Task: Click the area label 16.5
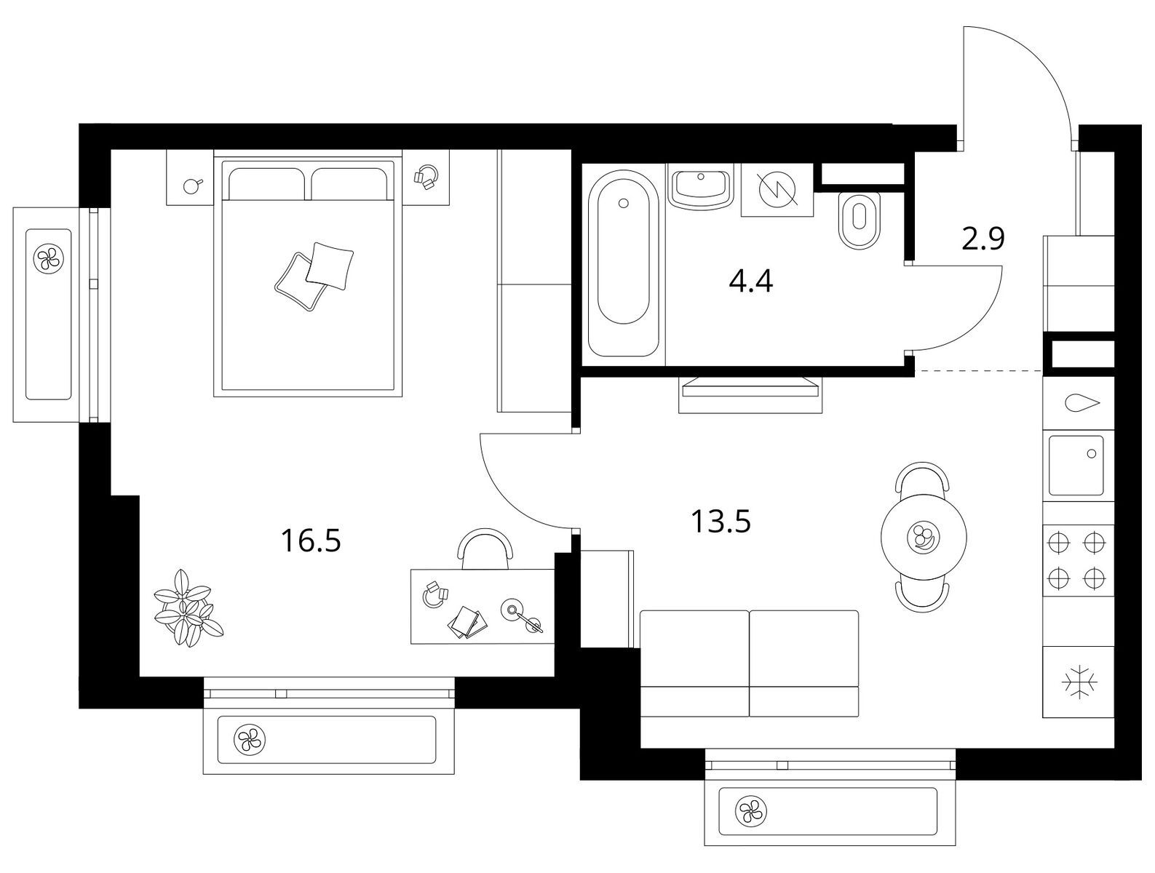[x=311, y=541]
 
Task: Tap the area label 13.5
[x=721, y=522]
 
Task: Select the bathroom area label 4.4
[x=751, y=282]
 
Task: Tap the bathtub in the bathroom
[x=623, y=263]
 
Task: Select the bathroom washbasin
[x=701, y=188]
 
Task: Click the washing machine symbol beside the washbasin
[x=777, y=189]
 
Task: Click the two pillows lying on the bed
[x=314, y=276]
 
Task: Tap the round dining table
[x=924, y=536]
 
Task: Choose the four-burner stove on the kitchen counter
[x=1078, y=560]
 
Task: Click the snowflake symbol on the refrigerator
[x=1079, y=683]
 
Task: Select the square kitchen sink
[x=1076, y=466]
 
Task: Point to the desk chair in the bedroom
[x=485, y=549]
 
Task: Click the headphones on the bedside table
[x=426, y=176]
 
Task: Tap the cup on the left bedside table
[x=191, y=185]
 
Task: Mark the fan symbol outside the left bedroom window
[x=48, y=258]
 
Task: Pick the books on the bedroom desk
[x=465, y=622]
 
